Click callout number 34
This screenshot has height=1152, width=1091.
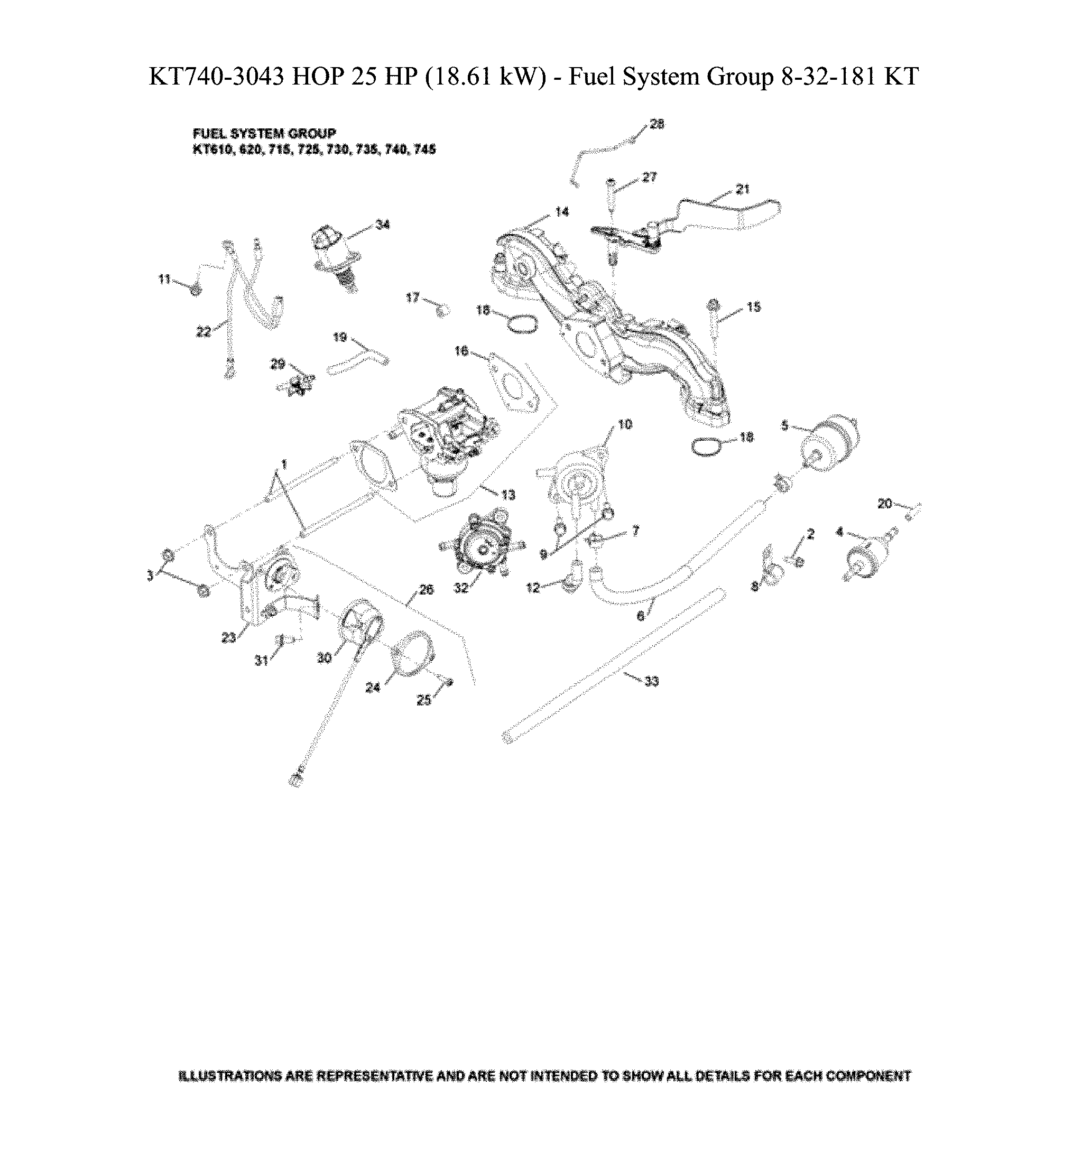pos(382,225)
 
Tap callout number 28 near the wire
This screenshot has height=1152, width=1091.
pos(657,124)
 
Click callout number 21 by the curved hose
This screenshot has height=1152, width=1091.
pos(743,189)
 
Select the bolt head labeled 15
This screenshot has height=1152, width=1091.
pos(714,305)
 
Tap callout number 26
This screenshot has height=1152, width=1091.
pos(426,590)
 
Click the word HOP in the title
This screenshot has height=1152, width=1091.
pos(318,76)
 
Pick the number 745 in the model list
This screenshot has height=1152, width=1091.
pos(425,150)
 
